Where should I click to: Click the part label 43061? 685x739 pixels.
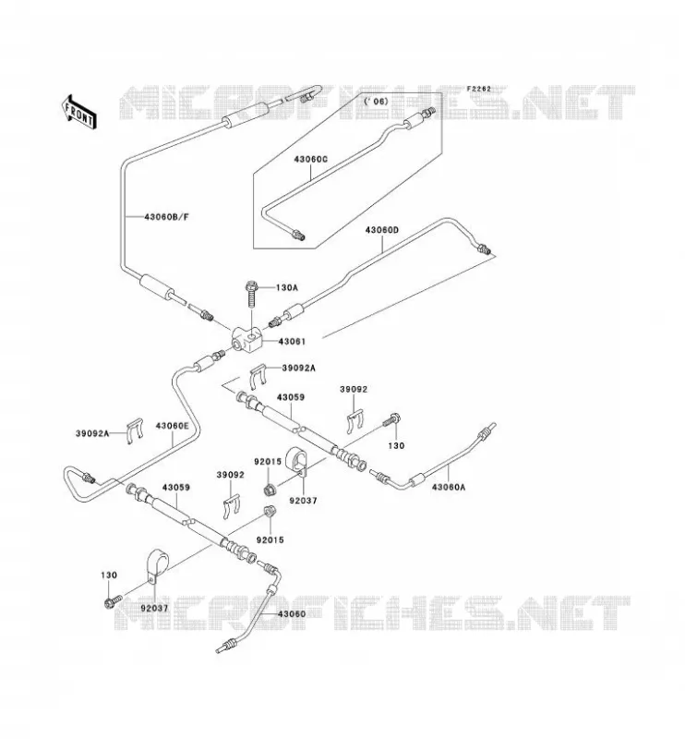pos(292,341)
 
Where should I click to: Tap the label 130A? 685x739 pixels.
pos(286,287)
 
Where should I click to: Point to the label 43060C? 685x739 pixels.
pos(310,159)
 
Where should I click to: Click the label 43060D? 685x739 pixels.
pos(382,230)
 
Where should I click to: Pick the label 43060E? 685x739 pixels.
pos(172,426)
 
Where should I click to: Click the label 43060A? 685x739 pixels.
pos(449,488)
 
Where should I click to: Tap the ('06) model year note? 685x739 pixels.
pos(376,102)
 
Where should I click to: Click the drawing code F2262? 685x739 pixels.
pos(478,89)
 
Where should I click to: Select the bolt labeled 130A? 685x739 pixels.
pos(252,294)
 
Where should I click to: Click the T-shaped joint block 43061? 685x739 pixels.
pos(246,340)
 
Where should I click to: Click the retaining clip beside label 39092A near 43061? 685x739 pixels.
pos(258,377)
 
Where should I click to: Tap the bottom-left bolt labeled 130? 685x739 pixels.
pos(113,601)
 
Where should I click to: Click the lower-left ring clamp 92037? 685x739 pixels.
pos(155,566)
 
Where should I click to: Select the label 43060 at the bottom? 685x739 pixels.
pos(291,614)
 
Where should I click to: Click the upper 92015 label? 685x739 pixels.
pos(268,462)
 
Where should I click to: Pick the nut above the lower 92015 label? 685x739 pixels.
pos(270,511)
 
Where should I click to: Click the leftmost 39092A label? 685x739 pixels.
pos(92,433)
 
